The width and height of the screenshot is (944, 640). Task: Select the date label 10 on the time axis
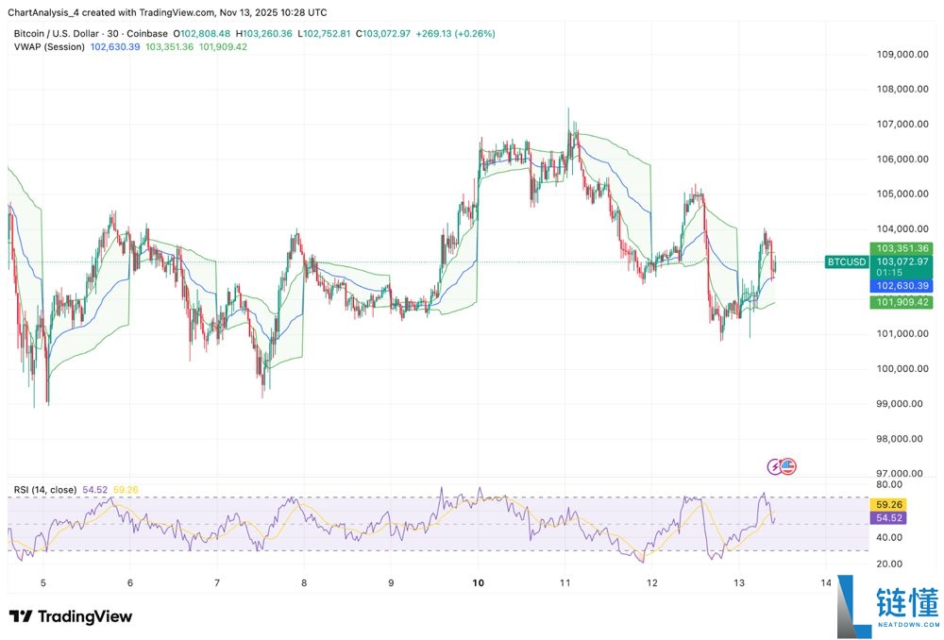479,583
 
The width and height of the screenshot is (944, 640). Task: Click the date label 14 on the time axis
826,583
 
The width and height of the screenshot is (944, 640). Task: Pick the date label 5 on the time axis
42,583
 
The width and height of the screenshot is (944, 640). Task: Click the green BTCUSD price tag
846,261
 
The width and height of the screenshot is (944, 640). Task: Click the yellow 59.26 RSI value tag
891,505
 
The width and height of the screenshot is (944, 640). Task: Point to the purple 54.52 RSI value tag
891,518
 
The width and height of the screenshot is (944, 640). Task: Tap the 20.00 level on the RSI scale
891,564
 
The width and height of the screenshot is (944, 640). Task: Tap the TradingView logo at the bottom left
71,616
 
